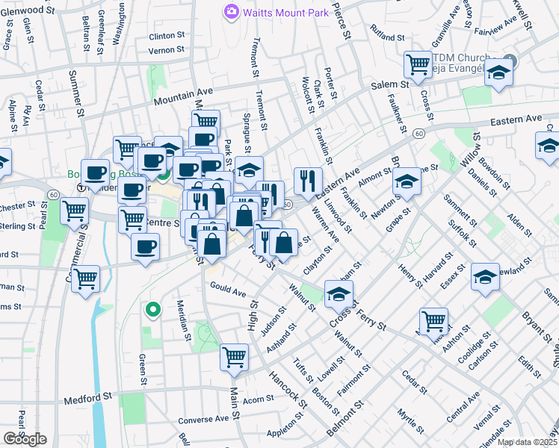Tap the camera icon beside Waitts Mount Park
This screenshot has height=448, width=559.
pyautogui.click(x=231, y=11)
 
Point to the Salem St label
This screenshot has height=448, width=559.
pyautogui.click(x=390, y=85)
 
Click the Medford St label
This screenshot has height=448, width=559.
pyautogui.click(x=87, y=396)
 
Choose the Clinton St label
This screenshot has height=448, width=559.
pyautogui.click(x=167, y=36)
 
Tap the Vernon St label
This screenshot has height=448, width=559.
pyautogui.click(x=167, y=51)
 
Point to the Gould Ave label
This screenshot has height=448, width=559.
pyautogui.click(x=228, y=290)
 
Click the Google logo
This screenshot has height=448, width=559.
pyautogui.click(x=25, y=439)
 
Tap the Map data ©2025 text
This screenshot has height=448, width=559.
pyautogui.click(x=526, y=442)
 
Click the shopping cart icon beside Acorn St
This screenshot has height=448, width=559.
pyautogui.click(x=235, y=357)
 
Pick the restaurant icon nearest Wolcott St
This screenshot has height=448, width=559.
pyautogui.click(x=308, y=179)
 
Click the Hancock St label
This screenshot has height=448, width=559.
pyautogui.click(x=288, y=388)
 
